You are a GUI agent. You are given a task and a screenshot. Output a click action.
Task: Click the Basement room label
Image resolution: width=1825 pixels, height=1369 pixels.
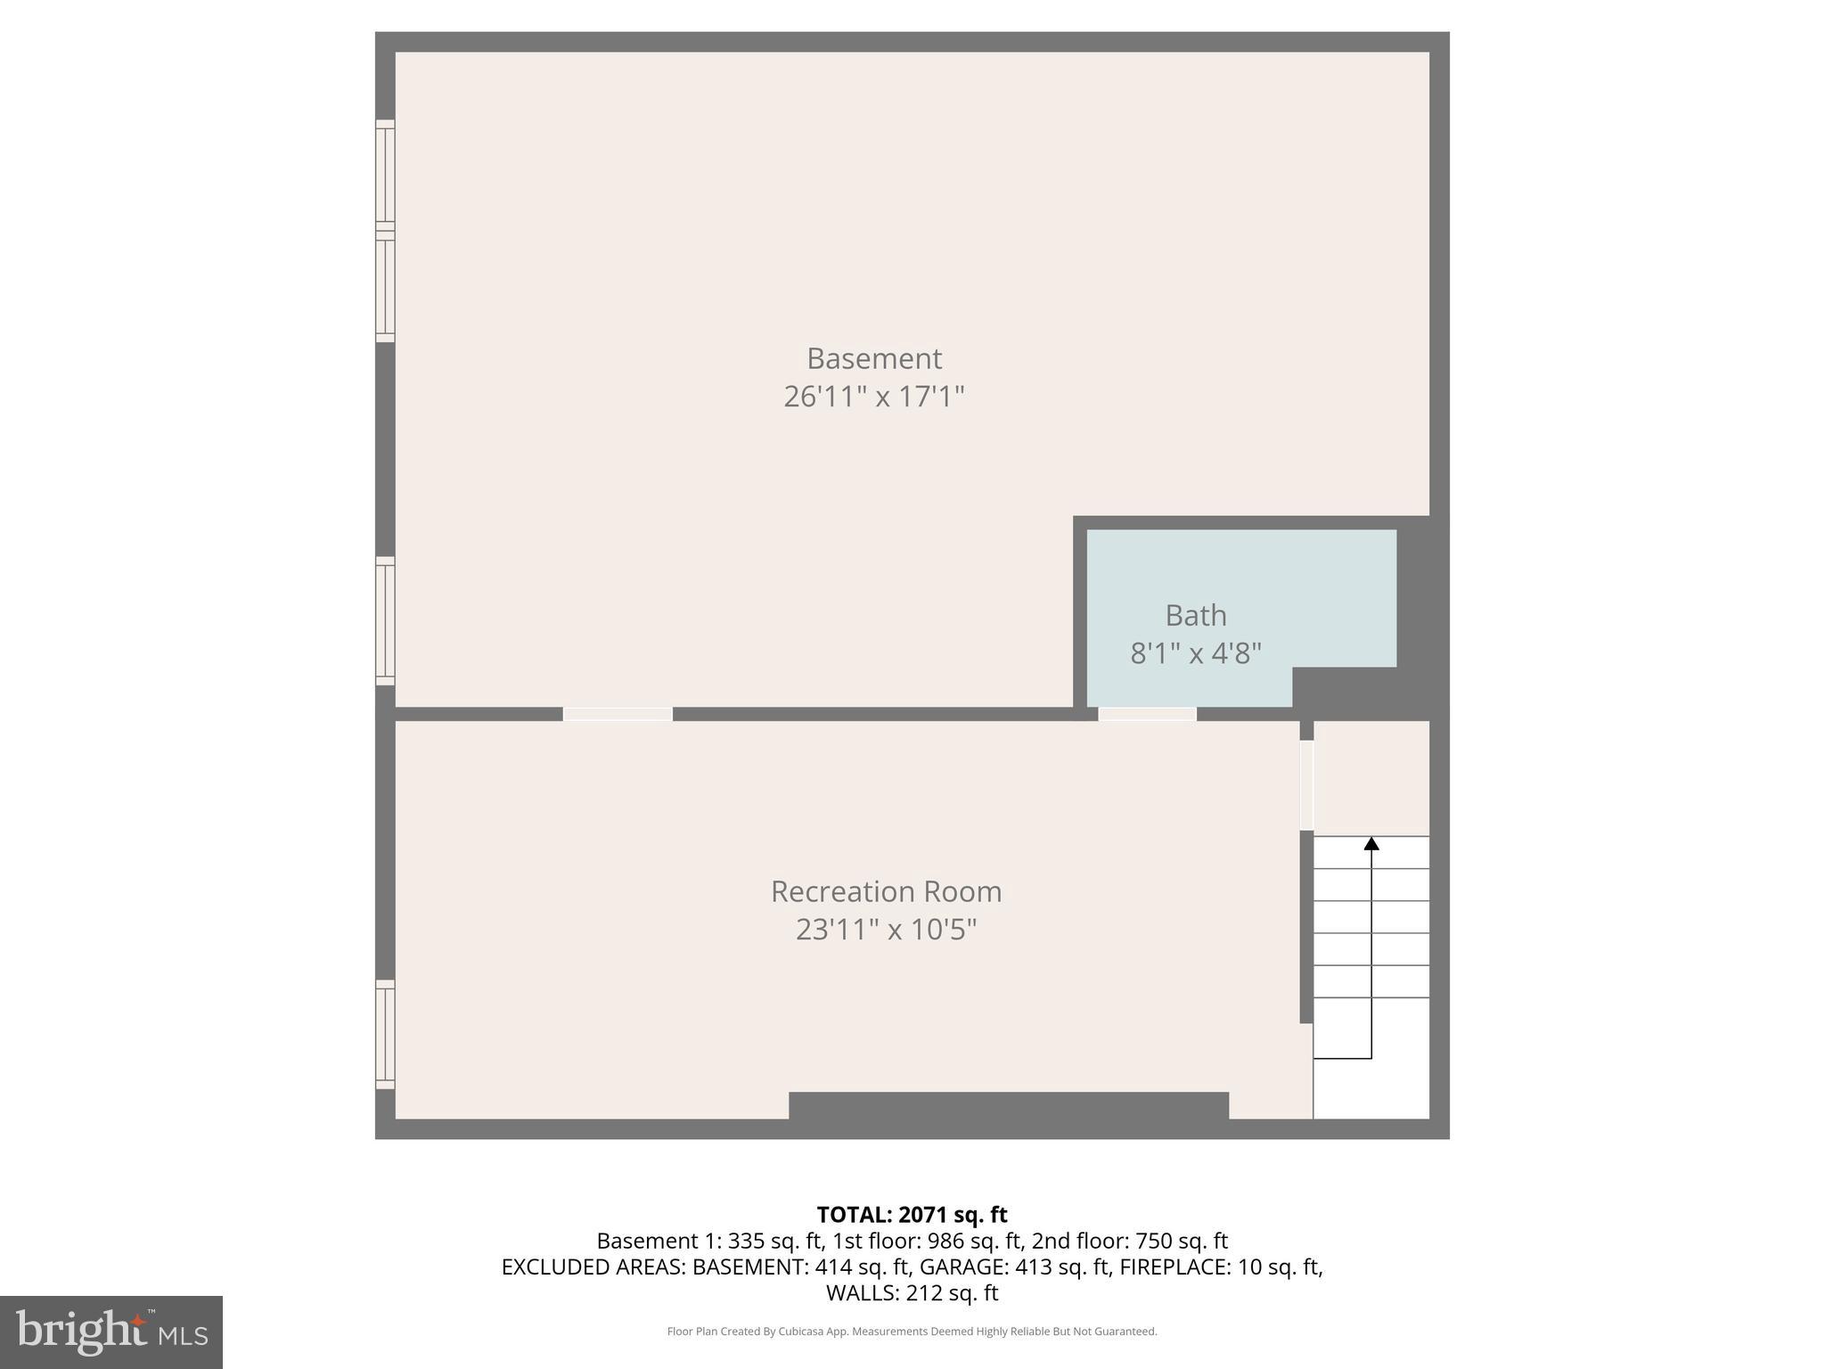click(873, 358)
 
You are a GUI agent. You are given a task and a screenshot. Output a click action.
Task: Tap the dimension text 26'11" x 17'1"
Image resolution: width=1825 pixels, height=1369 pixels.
click(873, 397)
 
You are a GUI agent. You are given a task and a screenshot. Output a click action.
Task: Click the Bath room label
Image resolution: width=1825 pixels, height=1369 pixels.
click(1195, 615)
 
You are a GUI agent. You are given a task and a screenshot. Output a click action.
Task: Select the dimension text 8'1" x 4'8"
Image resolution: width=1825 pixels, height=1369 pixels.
click(1195, 653)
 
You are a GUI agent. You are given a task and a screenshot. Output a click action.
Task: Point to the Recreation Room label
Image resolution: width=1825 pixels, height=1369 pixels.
click(886, 891)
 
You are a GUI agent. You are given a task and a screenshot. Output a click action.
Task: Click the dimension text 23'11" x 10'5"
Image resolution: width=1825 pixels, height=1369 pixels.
click(886, 930)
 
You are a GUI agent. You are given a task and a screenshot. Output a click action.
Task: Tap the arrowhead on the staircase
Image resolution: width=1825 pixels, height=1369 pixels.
click(1371, 843)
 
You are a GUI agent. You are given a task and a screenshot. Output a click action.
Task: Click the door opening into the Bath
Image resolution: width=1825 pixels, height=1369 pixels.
click(1147, 714)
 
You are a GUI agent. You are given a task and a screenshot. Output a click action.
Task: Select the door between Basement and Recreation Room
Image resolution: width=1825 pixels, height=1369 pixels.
click(618, 714)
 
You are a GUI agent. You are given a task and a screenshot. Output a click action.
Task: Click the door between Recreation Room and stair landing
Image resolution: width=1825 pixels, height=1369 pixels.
click(1306, 785)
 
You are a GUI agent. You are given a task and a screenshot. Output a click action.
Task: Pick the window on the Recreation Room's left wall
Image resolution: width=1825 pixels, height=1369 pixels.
click(385, 1034)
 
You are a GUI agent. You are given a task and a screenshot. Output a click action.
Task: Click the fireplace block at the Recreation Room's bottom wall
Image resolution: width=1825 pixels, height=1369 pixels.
click(1009, 1105)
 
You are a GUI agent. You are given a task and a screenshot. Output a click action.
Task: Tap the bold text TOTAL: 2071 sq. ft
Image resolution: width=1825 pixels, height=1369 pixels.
click(912, 1215)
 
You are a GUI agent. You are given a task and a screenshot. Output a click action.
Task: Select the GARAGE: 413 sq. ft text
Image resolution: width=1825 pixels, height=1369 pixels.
click(1015, 1267)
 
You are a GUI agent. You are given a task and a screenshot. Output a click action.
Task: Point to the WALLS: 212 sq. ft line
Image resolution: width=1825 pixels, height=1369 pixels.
click(912, 1292)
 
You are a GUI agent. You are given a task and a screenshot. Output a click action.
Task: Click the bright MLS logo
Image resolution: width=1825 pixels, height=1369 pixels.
click(111, 1332)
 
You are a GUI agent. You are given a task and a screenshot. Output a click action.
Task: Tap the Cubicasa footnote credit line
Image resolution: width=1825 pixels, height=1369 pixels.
click(912, 1332)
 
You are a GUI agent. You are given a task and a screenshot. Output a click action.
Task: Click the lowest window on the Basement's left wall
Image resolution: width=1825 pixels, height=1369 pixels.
click(385, 621)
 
